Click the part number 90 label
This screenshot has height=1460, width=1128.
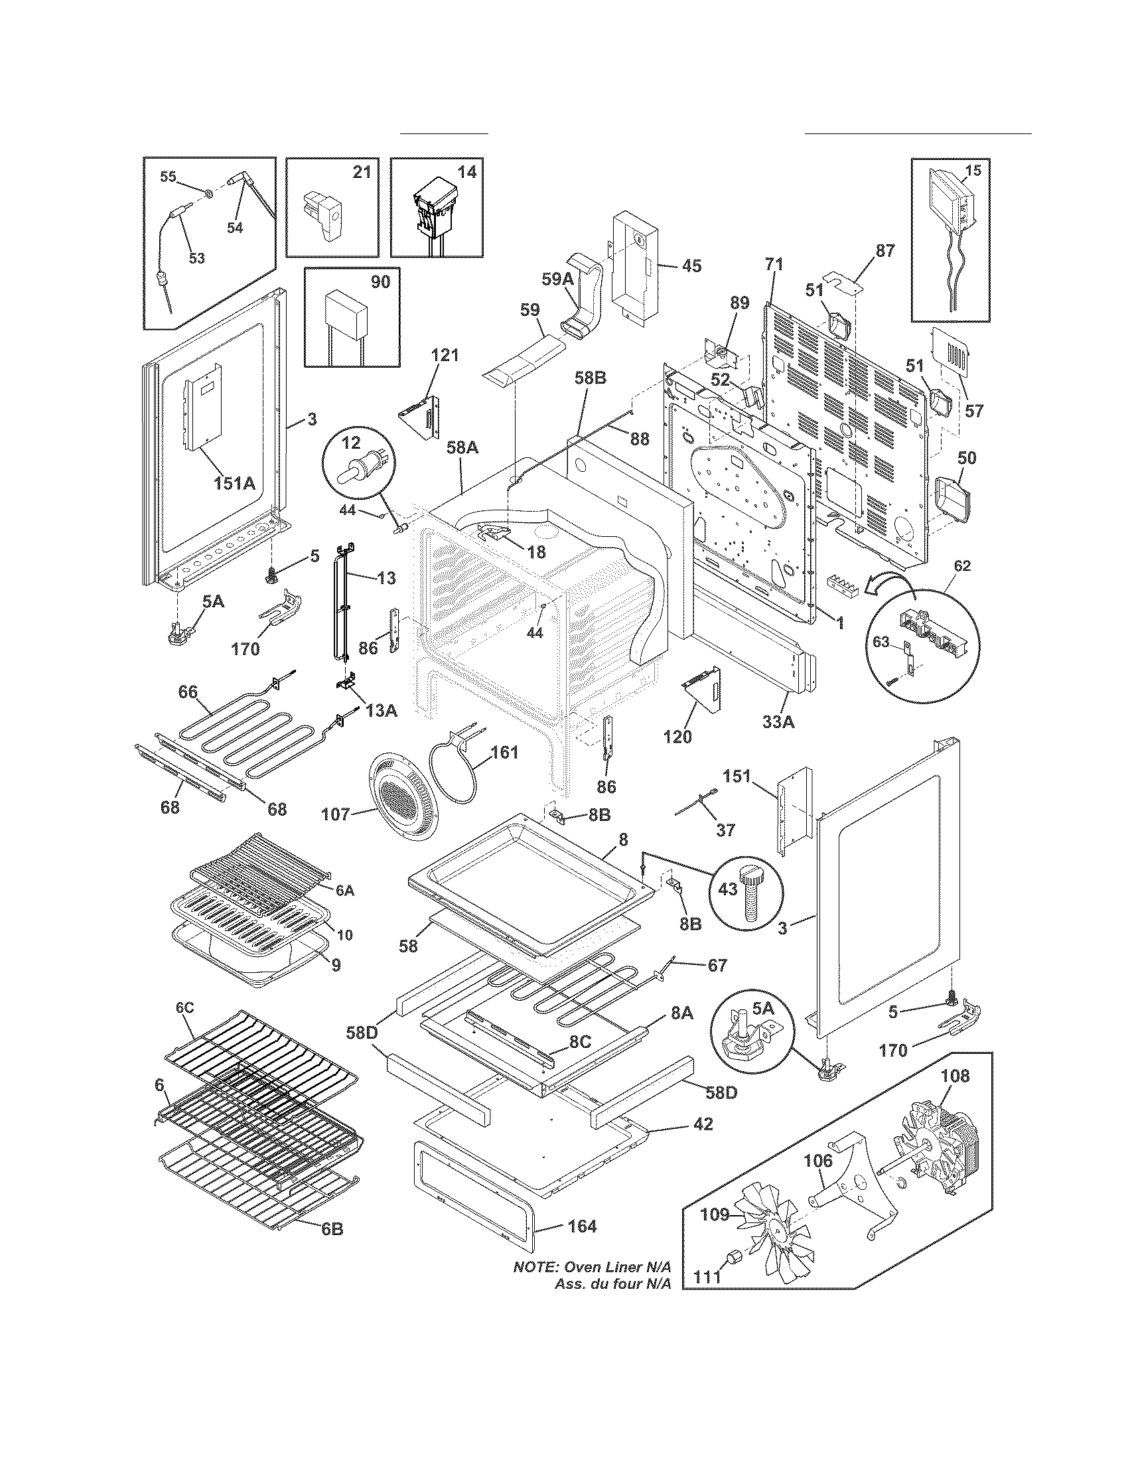pyautogui.click(x=380, y=282)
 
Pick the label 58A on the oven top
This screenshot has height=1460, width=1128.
pyautogui.click(x=462, y=448)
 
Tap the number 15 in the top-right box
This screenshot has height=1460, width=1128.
pyautogui.click(x=973, y=171)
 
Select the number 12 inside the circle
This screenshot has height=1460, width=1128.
pyautogui.click(x=352, y=442)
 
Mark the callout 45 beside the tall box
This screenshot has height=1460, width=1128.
pyautogui.click(x=691, y=266)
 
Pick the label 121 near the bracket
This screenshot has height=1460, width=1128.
pyautogui.click(x=445, y=355)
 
